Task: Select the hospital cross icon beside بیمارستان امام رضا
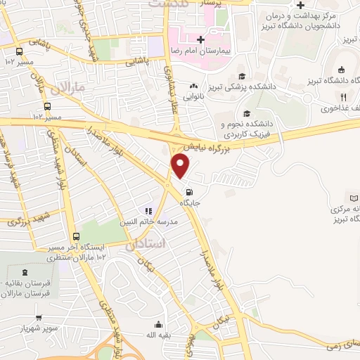point(201,39)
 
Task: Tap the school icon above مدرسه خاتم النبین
point(148,210)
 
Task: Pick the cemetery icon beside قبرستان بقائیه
point(26,272)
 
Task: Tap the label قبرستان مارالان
point(27,294)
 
